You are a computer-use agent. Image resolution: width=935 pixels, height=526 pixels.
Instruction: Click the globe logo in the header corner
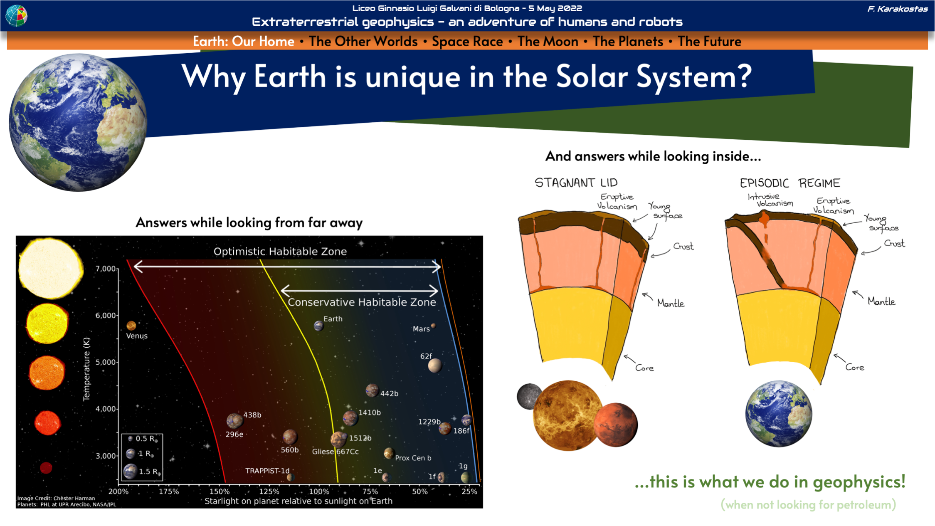click(x=16, y=15)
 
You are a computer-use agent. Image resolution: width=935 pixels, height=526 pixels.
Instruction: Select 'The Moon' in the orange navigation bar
click(x=548, y=41)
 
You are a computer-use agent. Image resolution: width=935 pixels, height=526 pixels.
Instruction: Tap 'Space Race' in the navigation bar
click(x=467, y=41)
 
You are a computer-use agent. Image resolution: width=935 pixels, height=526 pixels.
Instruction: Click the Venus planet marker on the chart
click(x=131, y=326)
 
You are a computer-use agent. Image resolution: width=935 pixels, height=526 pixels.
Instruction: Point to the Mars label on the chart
click(x=421, y=329)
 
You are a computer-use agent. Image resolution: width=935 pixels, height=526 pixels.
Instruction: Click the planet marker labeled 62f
click(x=435, y=365)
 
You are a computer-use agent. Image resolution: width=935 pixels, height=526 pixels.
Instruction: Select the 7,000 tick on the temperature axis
click(x=106, y=269)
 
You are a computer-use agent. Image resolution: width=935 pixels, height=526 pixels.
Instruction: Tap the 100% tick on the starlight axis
click(x=319, y=491)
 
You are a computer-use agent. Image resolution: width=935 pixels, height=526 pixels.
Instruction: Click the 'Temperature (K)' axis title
click(x=86, y=369)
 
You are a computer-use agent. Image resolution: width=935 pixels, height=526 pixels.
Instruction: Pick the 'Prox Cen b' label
click(x=413, y=458)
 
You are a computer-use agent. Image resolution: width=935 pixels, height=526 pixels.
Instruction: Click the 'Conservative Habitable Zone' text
click(x=362, y=302)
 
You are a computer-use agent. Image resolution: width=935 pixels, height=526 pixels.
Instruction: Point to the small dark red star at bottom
click(x=46, y=468)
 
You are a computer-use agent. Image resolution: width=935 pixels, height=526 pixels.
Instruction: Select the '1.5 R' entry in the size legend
click(x=142, y=471)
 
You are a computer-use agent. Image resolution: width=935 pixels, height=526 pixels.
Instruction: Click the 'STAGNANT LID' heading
click(x=576, y=183)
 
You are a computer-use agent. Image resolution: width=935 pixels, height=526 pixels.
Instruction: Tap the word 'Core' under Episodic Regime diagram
click(x=855, y=367)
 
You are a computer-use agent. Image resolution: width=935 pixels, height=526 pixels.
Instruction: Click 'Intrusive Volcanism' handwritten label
click(x=770, y=200)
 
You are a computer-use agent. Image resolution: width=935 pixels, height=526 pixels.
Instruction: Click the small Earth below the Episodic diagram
click(x=779, y=413)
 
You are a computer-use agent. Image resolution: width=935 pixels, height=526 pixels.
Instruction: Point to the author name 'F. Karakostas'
click(x=898, y=9)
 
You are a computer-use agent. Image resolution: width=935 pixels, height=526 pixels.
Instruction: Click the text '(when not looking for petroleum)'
click(x=808, y=504)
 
